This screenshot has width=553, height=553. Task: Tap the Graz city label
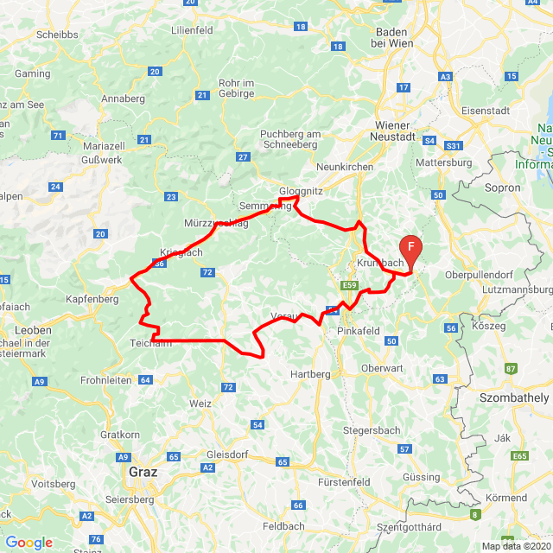pos(143,473)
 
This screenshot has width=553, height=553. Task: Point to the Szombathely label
pos(514,397)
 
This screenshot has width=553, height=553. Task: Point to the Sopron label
pos(504,188)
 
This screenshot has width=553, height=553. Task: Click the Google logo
pos(29,543)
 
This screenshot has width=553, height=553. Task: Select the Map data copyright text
pos(514,546)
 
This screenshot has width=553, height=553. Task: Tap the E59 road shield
pos(349,285)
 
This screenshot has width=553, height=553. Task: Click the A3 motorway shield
pos(446,77)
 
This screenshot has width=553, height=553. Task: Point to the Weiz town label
pos(200,404)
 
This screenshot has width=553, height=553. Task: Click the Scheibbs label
pos(57,35)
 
